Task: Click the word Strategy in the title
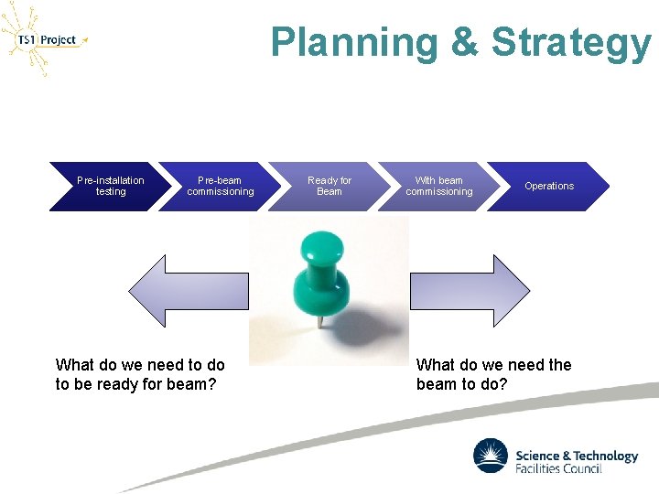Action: pyautogui.click(x=571, y=43)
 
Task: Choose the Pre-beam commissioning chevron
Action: pyautogui.click(x=221, y=187)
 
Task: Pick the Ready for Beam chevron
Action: pyautogui.click(x=329, y=187)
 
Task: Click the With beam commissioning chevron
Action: pyautogui.click(x=439, y=187)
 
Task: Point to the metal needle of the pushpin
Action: pyautogui.click(x=319, y=319)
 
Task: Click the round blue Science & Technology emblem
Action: pyautogui.click(x=491, y=456)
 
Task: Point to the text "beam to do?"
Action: pyautogui.click(x=461, y=384)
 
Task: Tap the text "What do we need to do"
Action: pyautogui.click(x=140, y=365)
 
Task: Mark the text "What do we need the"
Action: pyautogui.click(x=493, y=365)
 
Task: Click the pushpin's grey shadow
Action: pyautogui.click(x=362, y=325)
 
